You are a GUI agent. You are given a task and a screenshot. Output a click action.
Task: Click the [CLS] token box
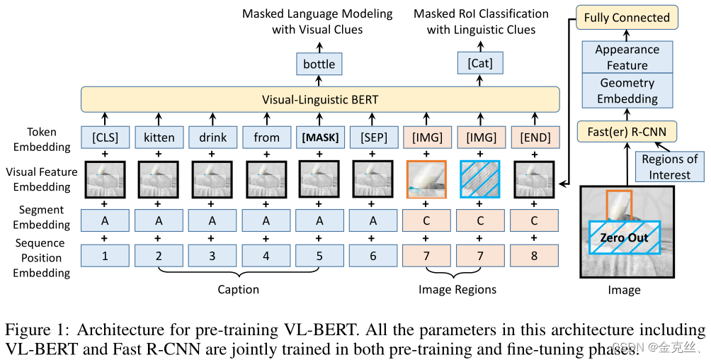pos(105,137)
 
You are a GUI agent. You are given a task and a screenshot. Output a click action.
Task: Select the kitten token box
pos(159,137)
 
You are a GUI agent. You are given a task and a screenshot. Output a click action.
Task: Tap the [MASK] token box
pos(319,137)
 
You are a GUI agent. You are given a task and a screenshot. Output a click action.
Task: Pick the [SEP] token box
pos(373,137)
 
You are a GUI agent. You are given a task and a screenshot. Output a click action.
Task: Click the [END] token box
pos(534,137)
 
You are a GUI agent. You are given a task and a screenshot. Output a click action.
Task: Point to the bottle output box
pos(319,64)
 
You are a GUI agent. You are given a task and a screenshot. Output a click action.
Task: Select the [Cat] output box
pos(480,64)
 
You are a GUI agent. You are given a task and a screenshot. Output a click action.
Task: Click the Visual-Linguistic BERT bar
pos(320,99)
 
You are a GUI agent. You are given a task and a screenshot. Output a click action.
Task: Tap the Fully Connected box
pos(627,18)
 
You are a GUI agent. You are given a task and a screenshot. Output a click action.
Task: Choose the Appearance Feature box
pos(627,57)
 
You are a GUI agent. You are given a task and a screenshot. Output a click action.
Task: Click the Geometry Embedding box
pos(627,91)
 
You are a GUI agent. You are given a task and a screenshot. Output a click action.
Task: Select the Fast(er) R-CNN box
pos(627,130)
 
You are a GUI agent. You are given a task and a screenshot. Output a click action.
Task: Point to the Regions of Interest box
pos(670,167)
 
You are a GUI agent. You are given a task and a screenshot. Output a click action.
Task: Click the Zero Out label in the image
pos(624,237)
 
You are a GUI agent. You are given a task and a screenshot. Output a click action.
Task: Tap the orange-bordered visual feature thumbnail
pos(426,179)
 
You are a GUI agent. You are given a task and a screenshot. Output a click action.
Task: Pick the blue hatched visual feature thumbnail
pos(480,179)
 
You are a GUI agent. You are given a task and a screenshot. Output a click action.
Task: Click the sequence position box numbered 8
pos(534,255)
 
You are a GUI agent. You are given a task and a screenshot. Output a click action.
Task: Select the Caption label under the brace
pos(238,289)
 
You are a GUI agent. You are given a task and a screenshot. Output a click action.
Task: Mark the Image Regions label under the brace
pos(457,289)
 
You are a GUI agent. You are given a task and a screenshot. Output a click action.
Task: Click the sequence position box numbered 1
pos(105,255)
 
